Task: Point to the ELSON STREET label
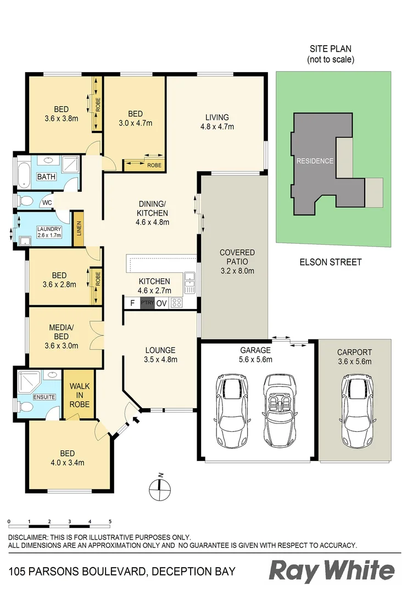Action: [331, 262]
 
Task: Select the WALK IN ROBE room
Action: [79, 394]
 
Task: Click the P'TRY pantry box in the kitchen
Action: [147, 303]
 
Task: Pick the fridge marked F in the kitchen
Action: [132, 303]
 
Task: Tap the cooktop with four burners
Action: [177, 303]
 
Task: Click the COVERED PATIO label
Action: [237, 261]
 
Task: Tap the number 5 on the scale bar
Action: [110, 520]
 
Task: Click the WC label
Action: [47, 202]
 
